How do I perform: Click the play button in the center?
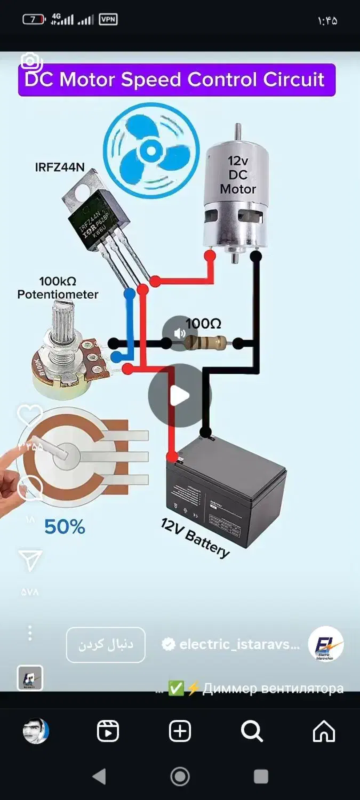pyautogui.click(x=180, y=396)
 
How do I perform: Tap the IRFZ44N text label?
pyautogui.click(x=60, y=167)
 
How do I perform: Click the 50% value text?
pyautogui.click(x=65, y=527)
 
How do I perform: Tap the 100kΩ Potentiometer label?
pyautogui.click(x=58, y=287)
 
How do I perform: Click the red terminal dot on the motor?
pyautogui.click(x=210, y=255)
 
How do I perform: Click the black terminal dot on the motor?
pyautogui.click(x=256, y=255)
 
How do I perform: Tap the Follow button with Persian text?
pyautogui.click(x=106, y=644)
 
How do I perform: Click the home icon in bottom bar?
pyautogui.click(x=324, y=731)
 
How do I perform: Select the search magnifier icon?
pyautogui.click(x=251, y=731)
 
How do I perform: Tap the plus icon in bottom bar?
pyautogui.click(x=180, y=731)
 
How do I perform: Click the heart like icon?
pyautogui.click(x=30, y=415)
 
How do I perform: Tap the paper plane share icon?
pyautogui.click(x=30, y=561)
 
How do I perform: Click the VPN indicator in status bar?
pyautogui.click(x=108, y=20)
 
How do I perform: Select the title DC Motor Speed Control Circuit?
pyautogui.click(x=176, y=80)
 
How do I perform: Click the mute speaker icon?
pyautogui.click(x=180, y=333)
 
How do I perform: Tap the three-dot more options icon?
pyautogui.click(x=30, y=633)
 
